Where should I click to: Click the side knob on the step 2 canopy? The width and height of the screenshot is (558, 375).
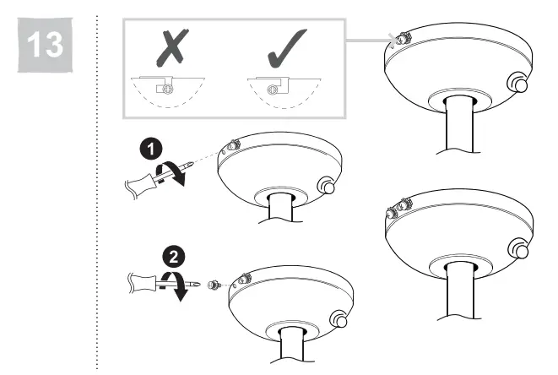click(339, 319)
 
